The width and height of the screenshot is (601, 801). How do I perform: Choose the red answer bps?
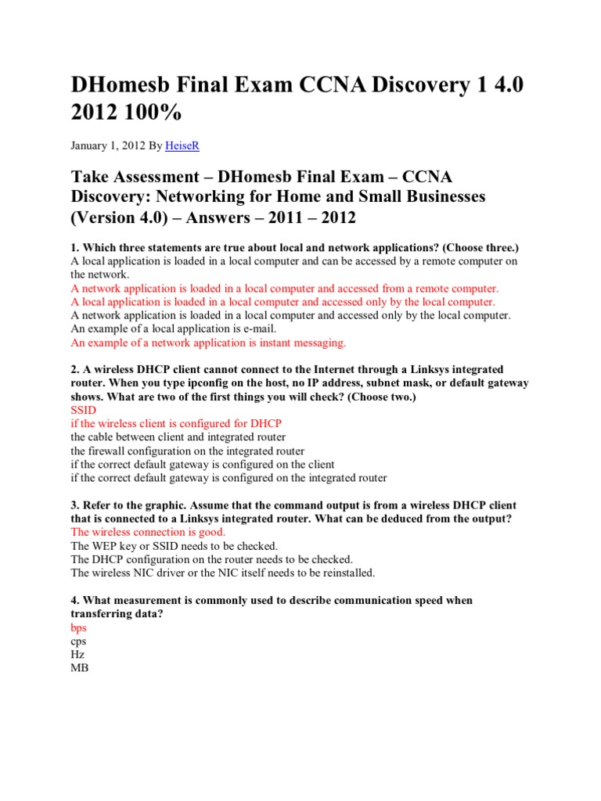(x=78, y=627)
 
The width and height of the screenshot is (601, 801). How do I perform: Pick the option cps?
(x=78, y=641)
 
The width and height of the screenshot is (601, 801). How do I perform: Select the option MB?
(x=79, y=667)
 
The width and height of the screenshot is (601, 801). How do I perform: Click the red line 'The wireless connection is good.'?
(x=148, y=531)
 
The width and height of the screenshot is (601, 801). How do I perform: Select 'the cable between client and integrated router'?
(x=178, y=436)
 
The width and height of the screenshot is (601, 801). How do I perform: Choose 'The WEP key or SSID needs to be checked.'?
(x=174, y=545)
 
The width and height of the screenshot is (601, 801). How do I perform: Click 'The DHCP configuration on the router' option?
(x=211, y=559)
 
